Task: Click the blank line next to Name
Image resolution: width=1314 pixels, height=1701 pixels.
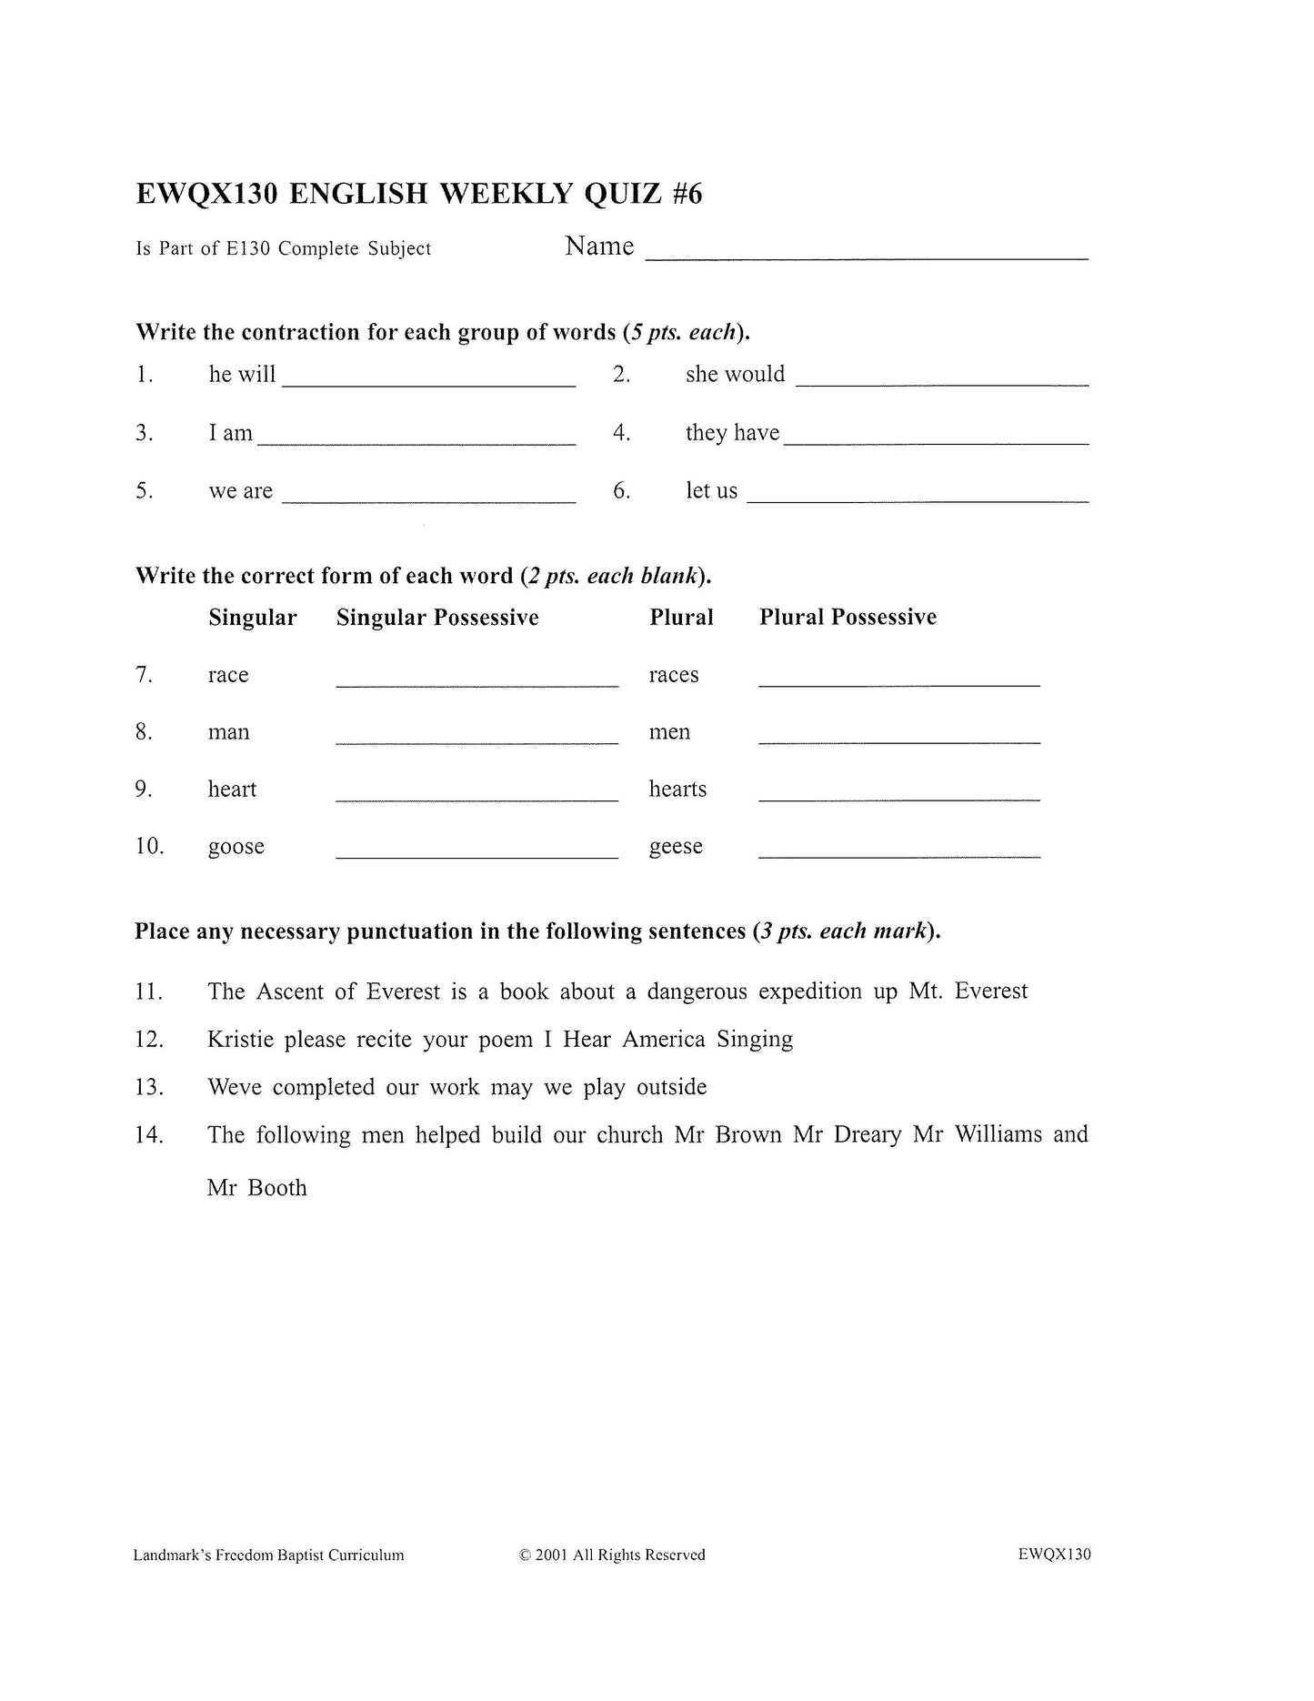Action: (866, 255)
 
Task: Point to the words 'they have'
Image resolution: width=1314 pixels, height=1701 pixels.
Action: (732, 433)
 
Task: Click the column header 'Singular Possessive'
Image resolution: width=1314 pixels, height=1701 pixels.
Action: (437, 618)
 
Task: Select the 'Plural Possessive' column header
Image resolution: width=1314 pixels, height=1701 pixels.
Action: (848, 617)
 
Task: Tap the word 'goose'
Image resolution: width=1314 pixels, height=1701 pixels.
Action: (236, 847)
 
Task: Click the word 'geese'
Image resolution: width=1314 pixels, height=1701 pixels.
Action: (676, 847)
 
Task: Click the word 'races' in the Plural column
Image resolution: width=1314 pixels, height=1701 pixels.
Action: (674, 675)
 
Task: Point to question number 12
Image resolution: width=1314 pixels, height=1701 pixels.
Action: (148, 1040)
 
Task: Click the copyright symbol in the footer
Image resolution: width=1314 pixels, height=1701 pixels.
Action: (525, 1555)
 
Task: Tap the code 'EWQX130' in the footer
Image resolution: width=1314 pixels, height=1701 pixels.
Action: (1054, 1555)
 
